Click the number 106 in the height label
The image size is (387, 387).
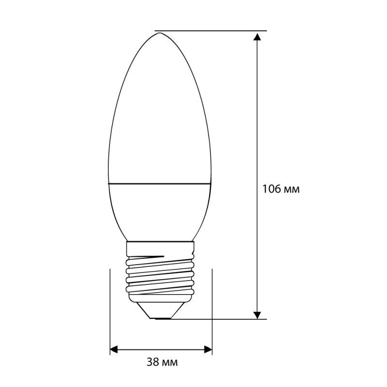click(x=270, y=189)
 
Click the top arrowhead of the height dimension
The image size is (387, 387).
click(x=259, y=37)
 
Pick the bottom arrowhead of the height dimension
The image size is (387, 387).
click(x=259, y=313)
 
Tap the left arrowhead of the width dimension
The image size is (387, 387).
click(x=115, y=349)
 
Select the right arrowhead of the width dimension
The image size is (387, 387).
click(x=208, y=349)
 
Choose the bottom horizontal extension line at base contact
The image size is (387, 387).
click(x=218, y=319)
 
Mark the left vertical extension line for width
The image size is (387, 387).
click(x=110, y=310)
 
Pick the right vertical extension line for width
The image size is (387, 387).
click(x=213, y=310)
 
